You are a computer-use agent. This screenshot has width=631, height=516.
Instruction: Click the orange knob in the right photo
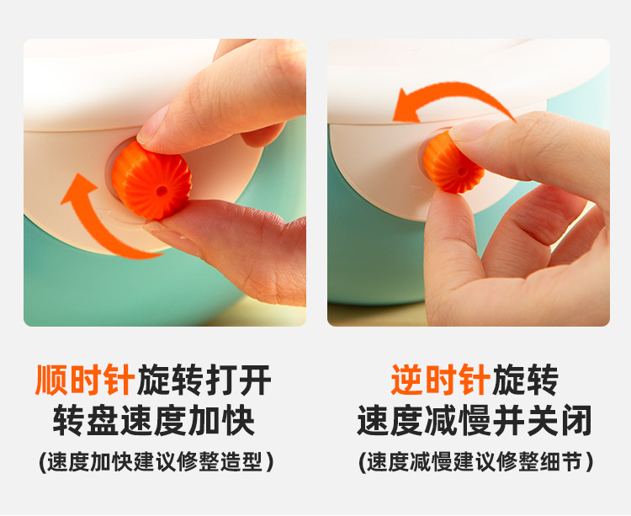[454, 162]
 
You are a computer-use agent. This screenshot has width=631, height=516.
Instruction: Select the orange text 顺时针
[85, 380]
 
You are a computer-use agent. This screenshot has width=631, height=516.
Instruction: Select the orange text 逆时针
[440, 380]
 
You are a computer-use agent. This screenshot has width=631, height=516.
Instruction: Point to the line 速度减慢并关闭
[475, 420]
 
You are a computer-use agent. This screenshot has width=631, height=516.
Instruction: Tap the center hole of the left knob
[161, 190]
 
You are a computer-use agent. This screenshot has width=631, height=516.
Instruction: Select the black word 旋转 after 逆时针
[525, 380]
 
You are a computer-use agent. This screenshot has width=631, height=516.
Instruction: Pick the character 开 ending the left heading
[256, 380]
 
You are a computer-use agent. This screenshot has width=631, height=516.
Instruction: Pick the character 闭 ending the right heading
[577, 420]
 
